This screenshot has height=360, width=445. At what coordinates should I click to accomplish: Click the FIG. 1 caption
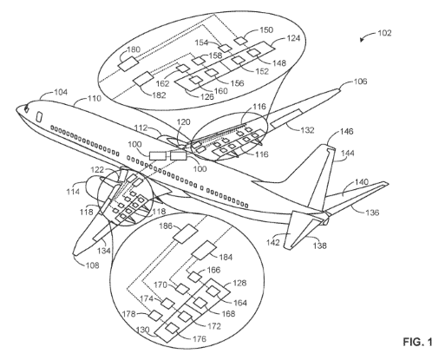tap(418, 342)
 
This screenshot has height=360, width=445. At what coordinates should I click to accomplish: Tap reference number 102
tap(384, 33)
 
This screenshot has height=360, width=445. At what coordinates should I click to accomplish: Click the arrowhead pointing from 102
tap(362, 40)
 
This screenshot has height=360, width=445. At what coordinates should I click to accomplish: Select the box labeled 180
tap(128, 63)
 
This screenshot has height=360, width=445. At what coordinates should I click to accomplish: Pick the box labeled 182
tap(143, 78)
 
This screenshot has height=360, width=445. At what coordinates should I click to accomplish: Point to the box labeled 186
tap(185, 233)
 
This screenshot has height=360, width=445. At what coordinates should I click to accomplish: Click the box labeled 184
tap(205, 250)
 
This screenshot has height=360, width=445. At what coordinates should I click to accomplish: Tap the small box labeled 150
tap(240, 41)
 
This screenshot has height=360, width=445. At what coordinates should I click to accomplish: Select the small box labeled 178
tap(155, 315)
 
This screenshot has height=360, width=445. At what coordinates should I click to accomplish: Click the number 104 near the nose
tap(61, 92)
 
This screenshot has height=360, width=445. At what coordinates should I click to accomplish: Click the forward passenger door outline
tap(38, 117)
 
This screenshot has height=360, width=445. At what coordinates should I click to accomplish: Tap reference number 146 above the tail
tap(346, 132)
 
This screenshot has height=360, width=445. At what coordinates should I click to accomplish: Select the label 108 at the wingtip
tap(92, 265)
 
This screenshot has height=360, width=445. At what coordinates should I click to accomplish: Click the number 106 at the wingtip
tap(360, 82)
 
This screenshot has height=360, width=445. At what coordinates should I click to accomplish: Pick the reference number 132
tap(307, 130)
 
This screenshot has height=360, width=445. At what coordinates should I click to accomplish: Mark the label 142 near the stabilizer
tap(273, 242)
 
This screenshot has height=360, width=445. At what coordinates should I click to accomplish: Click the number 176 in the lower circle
tap(199, 338)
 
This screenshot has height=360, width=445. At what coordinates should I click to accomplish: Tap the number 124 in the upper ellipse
tap(293, 38)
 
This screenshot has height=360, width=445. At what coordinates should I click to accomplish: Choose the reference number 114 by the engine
tap(73, 191)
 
